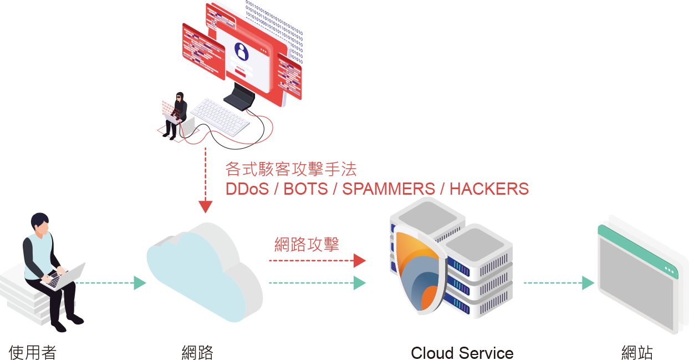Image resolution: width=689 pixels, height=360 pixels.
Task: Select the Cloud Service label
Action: (x=462, y=353)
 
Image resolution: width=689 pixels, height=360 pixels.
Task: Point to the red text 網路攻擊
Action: (x=307, y=244)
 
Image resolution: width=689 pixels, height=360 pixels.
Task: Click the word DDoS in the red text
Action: (x=247, y=189)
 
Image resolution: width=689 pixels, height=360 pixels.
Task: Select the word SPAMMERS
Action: (x=388, y=189)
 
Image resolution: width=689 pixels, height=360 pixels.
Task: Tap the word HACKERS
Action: (x=489, y=189)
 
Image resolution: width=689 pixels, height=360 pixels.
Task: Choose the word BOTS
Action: (x=305, y=189)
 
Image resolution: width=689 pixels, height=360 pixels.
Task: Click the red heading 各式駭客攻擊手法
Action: (x=291, y=169)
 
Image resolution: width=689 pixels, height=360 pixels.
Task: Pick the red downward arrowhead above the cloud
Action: (x=206, y=207)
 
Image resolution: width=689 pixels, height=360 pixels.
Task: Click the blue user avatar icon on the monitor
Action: (x=241, y=52)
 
